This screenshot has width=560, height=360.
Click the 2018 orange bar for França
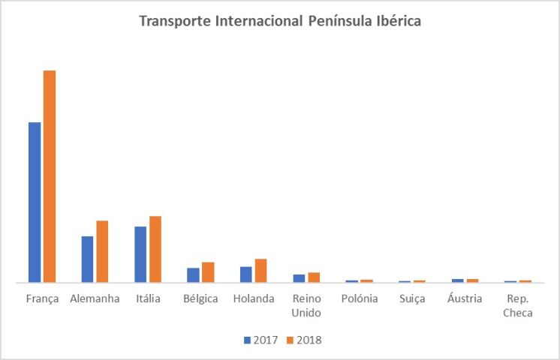coord(50,176)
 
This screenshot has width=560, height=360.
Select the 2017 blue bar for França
coord(35,202)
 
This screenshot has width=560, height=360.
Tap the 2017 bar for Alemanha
coord(87,259)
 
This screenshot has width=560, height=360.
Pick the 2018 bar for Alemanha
coord(102,252)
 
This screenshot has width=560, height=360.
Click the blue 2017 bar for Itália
coord(140,254)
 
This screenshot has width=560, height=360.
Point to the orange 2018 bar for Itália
coord(155,249)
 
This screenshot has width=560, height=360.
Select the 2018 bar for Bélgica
coord(208,272)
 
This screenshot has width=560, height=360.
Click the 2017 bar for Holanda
coord(246,274)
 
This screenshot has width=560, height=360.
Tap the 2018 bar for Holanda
coord(260,271)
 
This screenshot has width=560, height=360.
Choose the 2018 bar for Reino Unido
coord(314,277)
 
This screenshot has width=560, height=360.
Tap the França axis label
coord(42,298)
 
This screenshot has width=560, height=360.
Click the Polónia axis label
coord(359,298)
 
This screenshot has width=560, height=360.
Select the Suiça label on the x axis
coord(412,298)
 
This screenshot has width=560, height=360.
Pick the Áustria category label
coord(465,298)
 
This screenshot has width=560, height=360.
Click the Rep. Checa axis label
coord(518,305)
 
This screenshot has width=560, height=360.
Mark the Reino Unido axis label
coord(306,305)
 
